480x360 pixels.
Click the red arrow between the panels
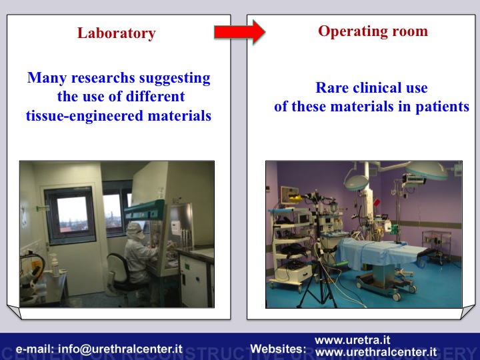(x=240, y=32)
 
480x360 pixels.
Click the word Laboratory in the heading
(x=116, y=33)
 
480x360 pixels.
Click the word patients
(x=442, y=107)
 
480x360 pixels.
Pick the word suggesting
(x=175, y=78)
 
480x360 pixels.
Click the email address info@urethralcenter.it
(x=120, y=349)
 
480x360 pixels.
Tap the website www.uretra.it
(x=353, y=340)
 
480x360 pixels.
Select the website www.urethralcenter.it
(x=375, y=352)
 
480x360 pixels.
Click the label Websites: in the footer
(x=278, y=349)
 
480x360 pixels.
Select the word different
(x=155, y=97)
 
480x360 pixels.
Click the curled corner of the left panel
(x=15, y=311)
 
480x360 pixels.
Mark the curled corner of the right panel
(x=468, y=312)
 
